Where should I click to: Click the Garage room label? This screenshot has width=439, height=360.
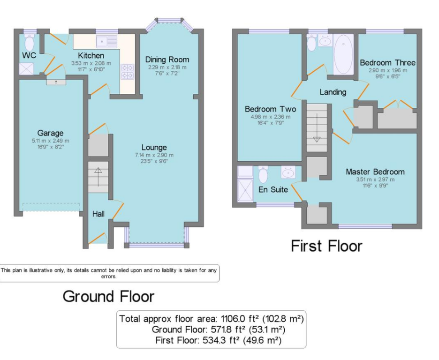pos(50,133)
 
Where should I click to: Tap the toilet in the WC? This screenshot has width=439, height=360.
pos(29,42)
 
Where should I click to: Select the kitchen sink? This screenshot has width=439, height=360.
pos(107,42)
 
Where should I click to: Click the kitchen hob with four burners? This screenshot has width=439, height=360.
pos(128,72)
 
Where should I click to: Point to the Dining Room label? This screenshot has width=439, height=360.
pos(167,60)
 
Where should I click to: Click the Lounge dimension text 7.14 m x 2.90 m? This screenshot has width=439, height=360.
pos(154,155)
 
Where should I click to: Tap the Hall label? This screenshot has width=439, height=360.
pos(98,214)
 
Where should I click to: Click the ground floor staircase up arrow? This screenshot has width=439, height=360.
pos(98,177)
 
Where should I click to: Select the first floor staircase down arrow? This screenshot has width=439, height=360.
pos(317,128)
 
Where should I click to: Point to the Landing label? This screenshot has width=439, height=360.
pos(333,92)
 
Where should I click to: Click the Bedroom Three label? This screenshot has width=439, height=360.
pos(387,62)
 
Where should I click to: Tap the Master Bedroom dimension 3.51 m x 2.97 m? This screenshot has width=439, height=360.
pos(375,180)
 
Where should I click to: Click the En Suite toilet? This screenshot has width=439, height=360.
pos(263,174)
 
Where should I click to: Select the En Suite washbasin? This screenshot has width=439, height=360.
pos(288,172)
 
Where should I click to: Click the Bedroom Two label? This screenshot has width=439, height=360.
pos(271,109)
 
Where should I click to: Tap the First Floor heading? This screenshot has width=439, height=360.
pos(327,246)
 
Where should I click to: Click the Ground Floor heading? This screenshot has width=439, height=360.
pos(109,296)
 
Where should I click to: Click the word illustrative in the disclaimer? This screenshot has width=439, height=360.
pos(37,270)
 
